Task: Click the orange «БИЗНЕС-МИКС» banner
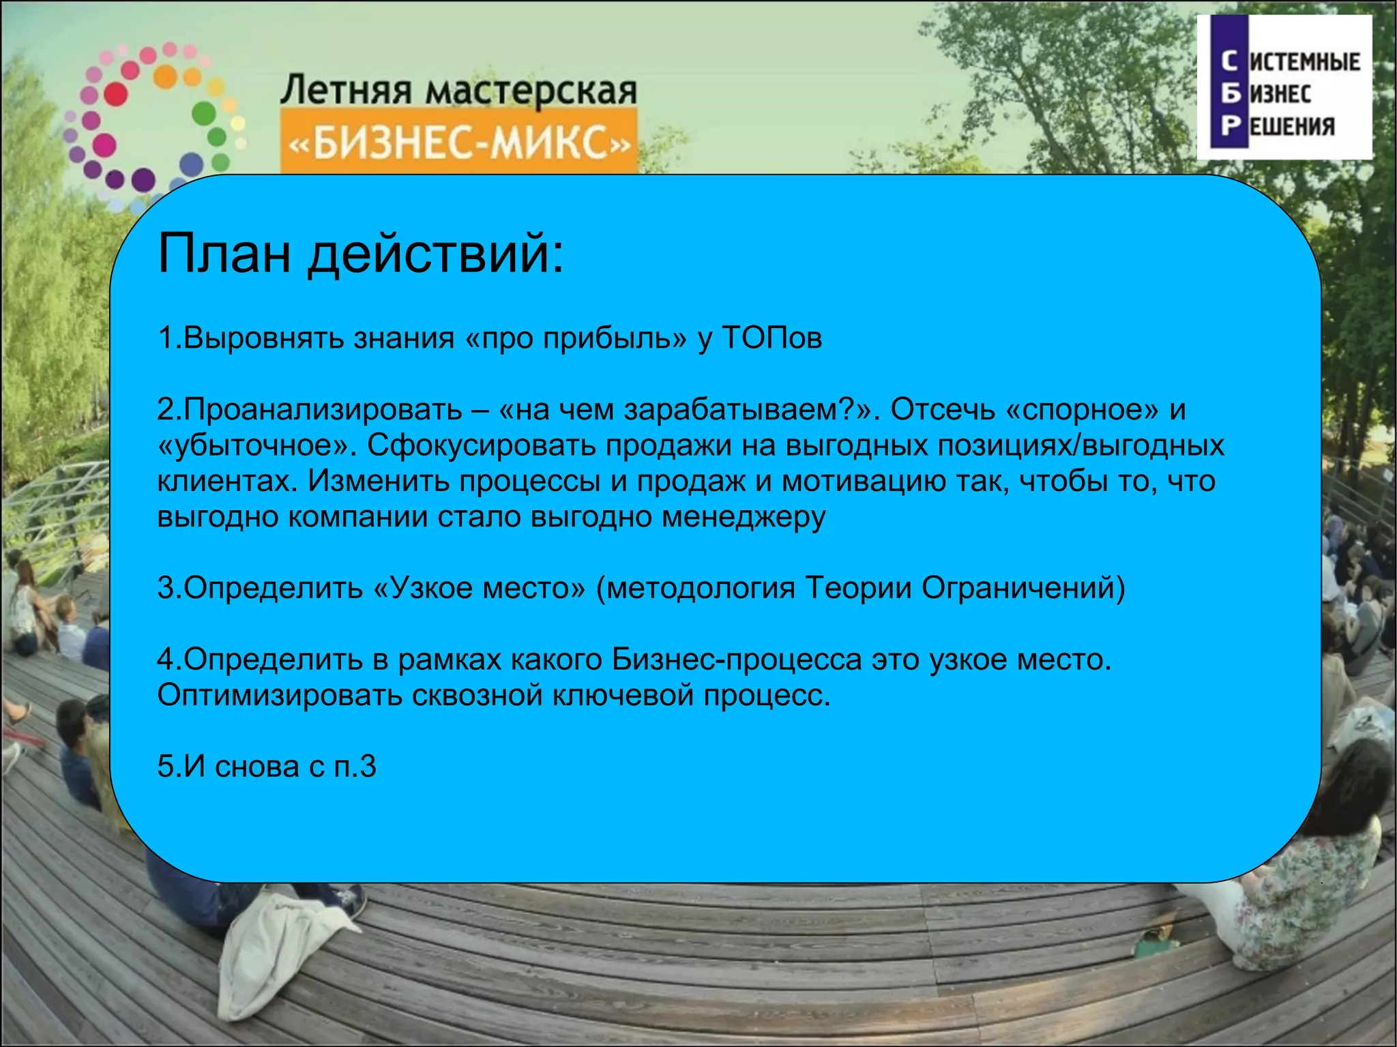coord(458,145)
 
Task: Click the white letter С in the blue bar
coord(1229,61)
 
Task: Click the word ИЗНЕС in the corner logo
coord(1280,93)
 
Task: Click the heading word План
coord(224,254)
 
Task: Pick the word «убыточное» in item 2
coord(256,446)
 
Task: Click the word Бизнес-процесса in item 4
coord(736,660)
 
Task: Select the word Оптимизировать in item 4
coord(280,696)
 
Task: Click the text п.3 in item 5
coord(355,767)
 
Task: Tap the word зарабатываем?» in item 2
coord(748,411)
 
